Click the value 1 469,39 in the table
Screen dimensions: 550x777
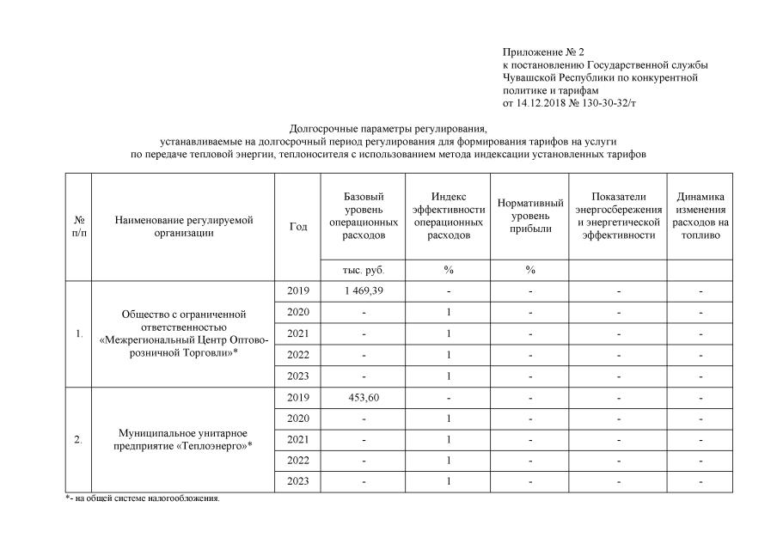pyautogui.click(x=364, y=290)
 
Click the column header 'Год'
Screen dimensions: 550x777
pyautogui.click(x=297, y=226)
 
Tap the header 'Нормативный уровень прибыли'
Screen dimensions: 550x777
pyautogui.click(x=530, y=216)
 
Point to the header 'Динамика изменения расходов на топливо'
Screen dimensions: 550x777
pyautogui.click(x=701, y=216)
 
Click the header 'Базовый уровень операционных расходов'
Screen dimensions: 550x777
pyautogui.click(x=364, y=216)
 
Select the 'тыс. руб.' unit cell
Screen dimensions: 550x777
pyautogui.click(x=364, y=270)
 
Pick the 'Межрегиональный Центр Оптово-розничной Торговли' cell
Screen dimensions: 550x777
pyautogui.click(x=183, y=333)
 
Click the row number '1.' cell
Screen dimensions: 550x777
pyautogui.click(x=78, y=333)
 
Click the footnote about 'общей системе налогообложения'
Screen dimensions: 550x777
pyautogui.click(x=142, y=498)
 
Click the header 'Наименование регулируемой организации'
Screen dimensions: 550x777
pyautogui.click(x=183, y=226)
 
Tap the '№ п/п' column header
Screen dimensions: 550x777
pyautogui.click(x=78, y=226)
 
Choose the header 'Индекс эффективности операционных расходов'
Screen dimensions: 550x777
pyautogui.click(x=448, y=216)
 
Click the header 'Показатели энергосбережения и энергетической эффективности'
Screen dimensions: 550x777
pyautogui.click(x=618, y=216)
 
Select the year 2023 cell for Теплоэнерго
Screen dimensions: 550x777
pyautogui.click(x=297, y=481)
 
